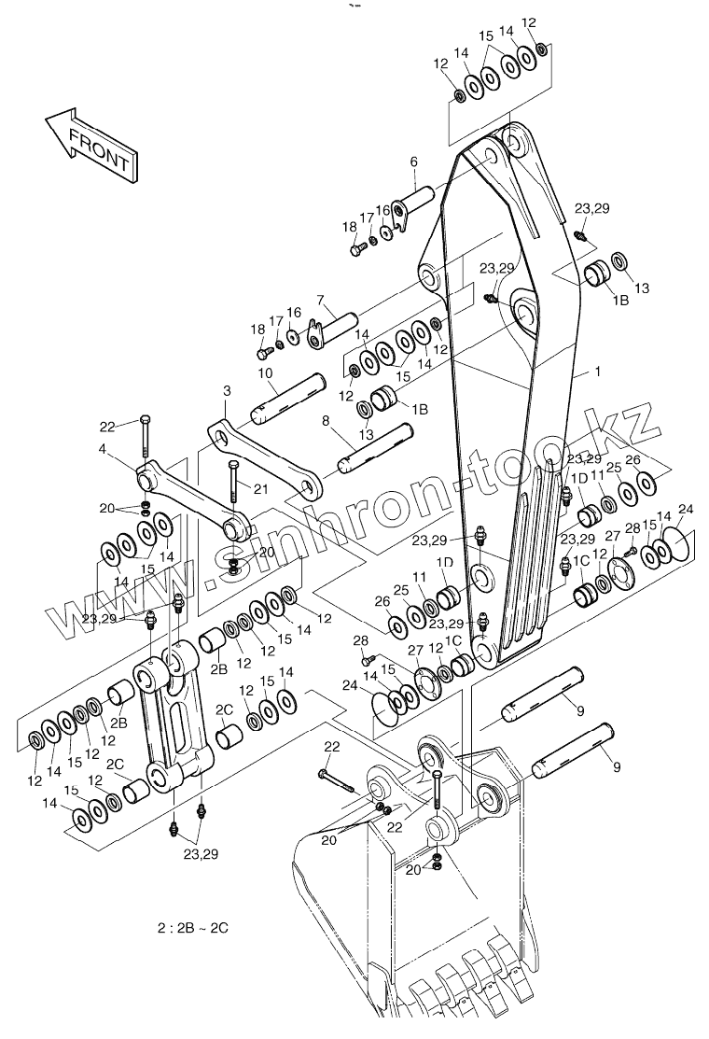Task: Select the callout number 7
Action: click(x=320, y=300)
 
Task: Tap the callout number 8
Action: click(x=325, y=421)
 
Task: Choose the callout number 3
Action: click(x=227, y=390)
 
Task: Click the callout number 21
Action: click(x=260, y=489)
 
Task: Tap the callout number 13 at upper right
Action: click(x=641, y=288)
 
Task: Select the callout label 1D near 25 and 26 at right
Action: click(x=579, y=477)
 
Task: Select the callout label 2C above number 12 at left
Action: click(x=116, y=763)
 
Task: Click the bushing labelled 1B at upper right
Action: click(x=597, y=274)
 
